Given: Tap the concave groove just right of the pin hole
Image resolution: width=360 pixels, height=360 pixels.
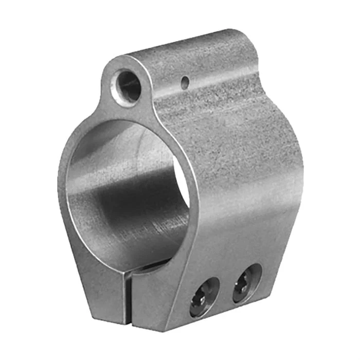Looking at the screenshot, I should pos(216,87).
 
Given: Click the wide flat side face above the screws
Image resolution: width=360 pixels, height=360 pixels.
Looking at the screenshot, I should pos(247,195).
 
